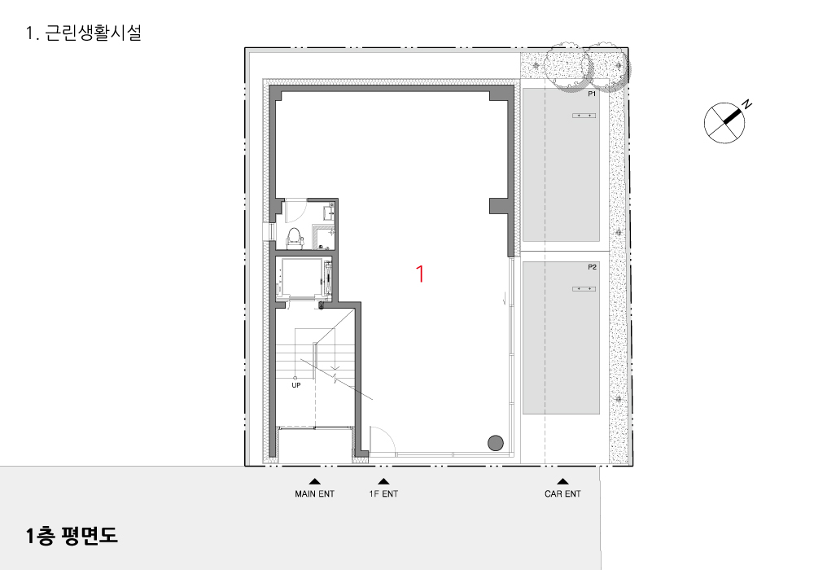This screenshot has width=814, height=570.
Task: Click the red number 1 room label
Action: click(x=420, y=274)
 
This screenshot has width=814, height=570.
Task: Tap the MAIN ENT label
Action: click(x=314, y=493)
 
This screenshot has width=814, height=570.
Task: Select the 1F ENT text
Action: click(x=383, y=493)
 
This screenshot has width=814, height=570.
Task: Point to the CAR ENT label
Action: click(x=562, y=493)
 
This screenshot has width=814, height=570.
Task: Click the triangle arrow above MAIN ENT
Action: click(x=314, y=481)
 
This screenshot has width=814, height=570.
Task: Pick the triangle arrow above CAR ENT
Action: click(x=562, y=481)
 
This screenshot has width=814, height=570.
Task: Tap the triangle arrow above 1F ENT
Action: click(x=383, y=481)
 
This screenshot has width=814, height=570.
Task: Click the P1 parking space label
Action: click(x=592, y=94)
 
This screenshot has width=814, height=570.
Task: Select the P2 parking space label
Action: click(x=592, y=267)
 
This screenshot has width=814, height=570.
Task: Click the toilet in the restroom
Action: click(x=295, y=238)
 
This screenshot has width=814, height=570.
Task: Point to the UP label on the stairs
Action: click(x=296, y=385)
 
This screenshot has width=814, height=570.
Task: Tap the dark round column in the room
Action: click(x=496, y=443)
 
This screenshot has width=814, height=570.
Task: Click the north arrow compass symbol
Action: click(x=724, y=123)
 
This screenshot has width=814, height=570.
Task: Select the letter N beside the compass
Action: click(x=746, y=104)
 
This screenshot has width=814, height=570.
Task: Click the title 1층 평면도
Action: click(x=72, y=535)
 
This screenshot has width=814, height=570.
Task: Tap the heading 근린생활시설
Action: click(x=93, y=33)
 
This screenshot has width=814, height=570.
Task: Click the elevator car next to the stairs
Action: click(x=304, y=278)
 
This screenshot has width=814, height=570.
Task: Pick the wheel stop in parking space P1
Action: click(x=584, y=116)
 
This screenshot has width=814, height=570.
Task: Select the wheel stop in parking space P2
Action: click(x=584, y=288)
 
